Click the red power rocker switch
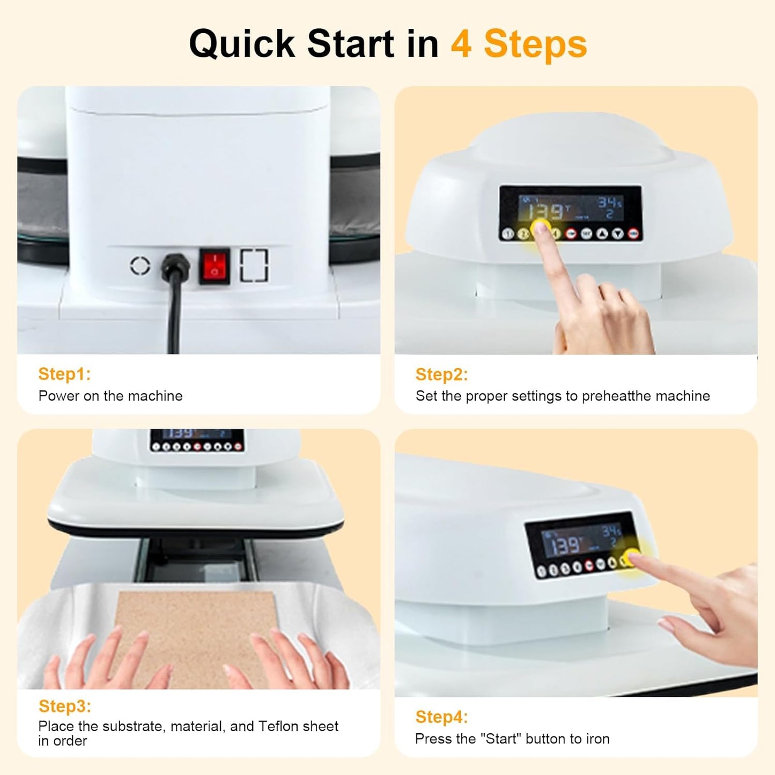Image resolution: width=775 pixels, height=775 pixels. coord(215,266)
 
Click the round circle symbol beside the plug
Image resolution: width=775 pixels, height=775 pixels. coord(141,265)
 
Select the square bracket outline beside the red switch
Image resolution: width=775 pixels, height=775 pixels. coord(254,265)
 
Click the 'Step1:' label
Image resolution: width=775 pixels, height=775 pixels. coord(64,374)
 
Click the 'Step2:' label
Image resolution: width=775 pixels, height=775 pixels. coord(441,374)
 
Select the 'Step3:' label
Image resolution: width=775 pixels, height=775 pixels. coord(64,706)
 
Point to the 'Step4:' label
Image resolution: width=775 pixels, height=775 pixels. coord(441,717)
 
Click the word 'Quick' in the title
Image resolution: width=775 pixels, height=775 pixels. coord(242,44)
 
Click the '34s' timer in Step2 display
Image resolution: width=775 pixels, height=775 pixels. coord(610,202)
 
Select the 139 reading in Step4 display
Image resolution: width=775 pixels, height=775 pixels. coord(566,546)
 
